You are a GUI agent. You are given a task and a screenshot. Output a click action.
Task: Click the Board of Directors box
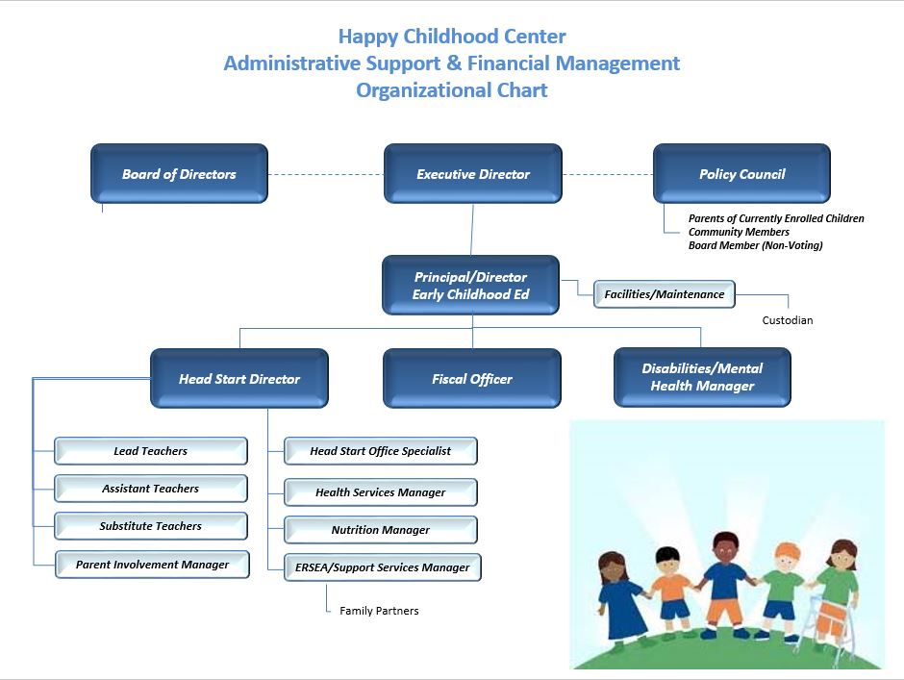click(x=179, y=173)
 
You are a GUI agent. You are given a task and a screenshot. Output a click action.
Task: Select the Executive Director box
click(x=473, y=173)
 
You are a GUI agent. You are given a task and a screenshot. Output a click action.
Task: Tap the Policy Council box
click(x=742, y=173)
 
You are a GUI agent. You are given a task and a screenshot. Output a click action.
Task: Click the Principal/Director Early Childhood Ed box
click(x=470, y=285)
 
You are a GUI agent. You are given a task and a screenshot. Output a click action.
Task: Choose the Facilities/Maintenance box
click(x=665, y=294)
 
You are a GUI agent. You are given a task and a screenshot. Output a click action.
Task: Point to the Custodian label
click(x=788, y=320)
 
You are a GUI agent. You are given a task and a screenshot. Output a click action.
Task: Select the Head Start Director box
click(x=239, y=378)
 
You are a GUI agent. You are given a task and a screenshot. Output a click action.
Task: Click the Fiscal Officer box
click(x=472, y=378)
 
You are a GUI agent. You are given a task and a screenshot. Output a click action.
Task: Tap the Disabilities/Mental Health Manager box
click(x=702, y=377)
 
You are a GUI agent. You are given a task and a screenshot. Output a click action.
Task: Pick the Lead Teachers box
click(x=151, y=451)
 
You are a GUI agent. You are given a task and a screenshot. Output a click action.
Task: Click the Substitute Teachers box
click(x=151, y=526)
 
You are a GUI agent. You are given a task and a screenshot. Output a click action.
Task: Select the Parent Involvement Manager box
click(x=152, y=564)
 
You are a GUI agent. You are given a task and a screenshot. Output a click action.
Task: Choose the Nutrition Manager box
click(x=381, y=530)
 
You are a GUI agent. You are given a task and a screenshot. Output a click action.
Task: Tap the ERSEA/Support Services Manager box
click(x=383, y=567)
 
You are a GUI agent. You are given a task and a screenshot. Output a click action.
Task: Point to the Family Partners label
click(x=379, y=611)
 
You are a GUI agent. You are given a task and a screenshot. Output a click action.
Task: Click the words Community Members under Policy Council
click(x=739, y=232)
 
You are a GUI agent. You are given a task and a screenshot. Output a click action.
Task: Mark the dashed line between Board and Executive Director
click(x=326, y=174)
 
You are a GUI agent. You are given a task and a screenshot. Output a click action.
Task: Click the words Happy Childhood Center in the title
click(x=452, y=37)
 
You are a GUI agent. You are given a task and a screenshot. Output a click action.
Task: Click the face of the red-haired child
click(x=787, y=559)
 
